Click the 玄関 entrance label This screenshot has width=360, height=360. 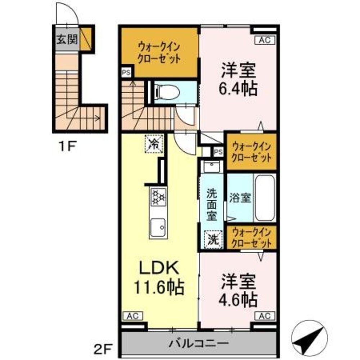tap(67, 39)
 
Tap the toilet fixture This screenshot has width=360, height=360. tap(167, 93)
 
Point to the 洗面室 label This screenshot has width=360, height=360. tap(212, 204)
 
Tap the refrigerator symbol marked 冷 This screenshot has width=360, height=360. tap(154, 143)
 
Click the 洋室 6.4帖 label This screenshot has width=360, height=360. tap(239, 80)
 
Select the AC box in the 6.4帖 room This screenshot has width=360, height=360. tap(265, 40)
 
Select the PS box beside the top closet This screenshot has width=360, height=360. tap(126, 72)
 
